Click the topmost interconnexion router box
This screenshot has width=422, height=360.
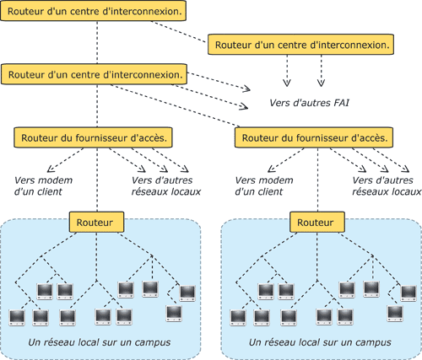pos(93,11)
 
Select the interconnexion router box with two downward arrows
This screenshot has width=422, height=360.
pos(300,45)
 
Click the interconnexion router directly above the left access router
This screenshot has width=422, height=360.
pos(95,74)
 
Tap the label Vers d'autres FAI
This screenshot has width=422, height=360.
pos(309,103)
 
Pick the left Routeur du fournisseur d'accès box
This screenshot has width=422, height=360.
pos(93,137)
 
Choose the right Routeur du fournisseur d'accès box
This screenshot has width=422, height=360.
pos(314,137)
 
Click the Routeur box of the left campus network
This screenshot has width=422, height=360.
pos(96,222)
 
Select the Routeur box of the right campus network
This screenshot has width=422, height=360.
pos(317,222)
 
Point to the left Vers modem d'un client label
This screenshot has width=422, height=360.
pos(43,185)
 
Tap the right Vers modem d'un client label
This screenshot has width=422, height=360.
pos(264,185)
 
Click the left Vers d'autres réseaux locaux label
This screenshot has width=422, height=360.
pos(166,185)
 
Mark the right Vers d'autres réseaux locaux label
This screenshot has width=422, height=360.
pos(387,185)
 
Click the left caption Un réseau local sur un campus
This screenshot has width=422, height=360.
pos(100,342)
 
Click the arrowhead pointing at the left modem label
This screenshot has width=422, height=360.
pos(51,169)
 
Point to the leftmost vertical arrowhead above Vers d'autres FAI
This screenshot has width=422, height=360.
pos(287,83)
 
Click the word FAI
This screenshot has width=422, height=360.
pos(341,103)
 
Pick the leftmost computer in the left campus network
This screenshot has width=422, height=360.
pos(17,318)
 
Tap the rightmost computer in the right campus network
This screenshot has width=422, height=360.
pos(408,293)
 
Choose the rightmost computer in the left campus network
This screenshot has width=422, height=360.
pos(187,293)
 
